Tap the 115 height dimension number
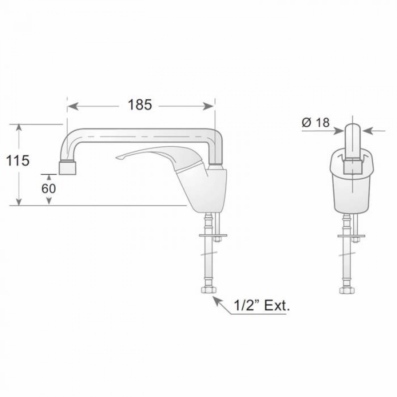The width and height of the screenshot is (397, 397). point(18,161)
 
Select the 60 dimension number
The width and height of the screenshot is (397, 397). point(49,188)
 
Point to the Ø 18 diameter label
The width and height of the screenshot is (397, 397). point(315,123)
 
